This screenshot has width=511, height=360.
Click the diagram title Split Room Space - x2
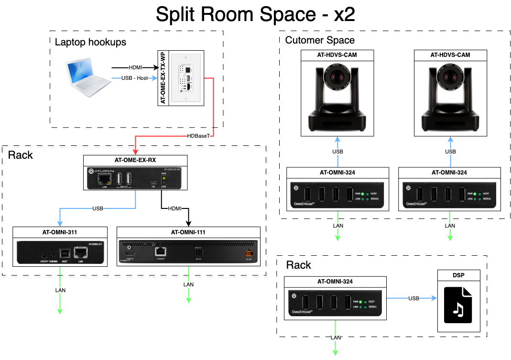(x=255, y=15)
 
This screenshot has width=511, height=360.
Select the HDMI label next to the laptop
(x=135, y=67)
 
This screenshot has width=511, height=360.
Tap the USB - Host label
(x=135, y=78)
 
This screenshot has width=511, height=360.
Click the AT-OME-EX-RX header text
(x=135, y=160)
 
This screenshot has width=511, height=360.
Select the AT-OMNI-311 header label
(x=60, y=232)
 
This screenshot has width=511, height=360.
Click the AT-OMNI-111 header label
(x=188, y=232)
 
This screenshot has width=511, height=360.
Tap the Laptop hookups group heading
(x=90, y=42)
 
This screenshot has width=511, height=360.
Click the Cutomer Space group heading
(x=320, y=40)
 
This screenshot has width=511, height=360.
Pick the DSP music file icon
(x=458, y=305)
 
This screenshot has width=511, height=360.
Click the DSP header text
(x=458, y=275)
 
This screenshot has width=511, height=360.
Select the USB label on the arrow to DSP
(x=414, y=298)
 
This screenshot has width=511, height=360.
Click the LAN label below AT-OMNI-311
(x=60, y=290)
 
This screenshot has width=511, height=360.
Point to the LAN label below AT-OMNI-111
(x=188, y=285)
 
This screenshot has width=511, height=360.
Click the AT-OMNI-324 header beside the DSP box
(x=335, y=282)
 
